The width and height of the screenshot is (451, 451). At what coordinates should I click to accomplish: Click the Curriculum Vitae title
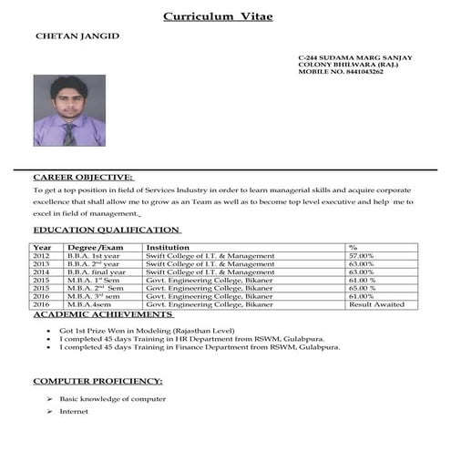[217, 15]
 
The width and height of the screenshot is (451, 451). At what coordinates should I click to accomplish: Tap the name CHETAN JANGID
[77, 36]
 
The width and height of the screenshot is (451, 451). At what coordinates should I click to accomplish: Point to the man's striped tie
[69, 133]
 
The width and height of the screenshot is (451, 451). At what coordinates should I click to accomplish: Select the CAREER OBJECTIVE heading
[83, 177]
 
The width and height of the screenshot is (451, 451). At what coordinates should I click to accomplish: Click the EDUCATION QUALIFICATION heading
[106, 231]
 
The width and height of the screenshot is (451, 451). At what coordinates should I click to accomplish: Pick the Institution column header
[169, 248]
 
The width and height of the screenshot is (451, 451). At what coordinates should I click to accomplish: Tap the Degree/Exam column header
[95, 248]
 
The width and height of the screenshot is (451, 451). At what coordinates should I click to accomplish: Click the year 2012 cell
[42, 256]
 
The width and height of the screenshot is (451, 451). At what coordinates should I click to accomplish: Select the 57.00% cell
[362, 256]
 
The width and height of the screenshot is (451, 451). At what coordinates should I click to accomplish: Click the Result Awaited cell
[376, 304]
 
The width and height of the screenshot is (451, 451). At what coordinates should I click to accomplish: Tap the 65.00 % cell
[362, 288]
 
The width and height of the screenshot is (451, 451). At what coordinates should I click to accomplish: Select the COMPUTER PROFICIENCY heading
[98, 380]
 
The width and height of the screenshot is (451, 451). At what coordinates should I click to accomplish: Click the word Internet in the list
[74, 413]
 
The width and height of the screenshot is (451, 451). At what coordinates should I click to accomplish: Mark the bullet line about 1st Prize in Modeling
[147, 330]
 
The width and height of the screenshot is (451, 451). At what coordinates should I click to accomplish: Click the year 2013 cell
[42, 264]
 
